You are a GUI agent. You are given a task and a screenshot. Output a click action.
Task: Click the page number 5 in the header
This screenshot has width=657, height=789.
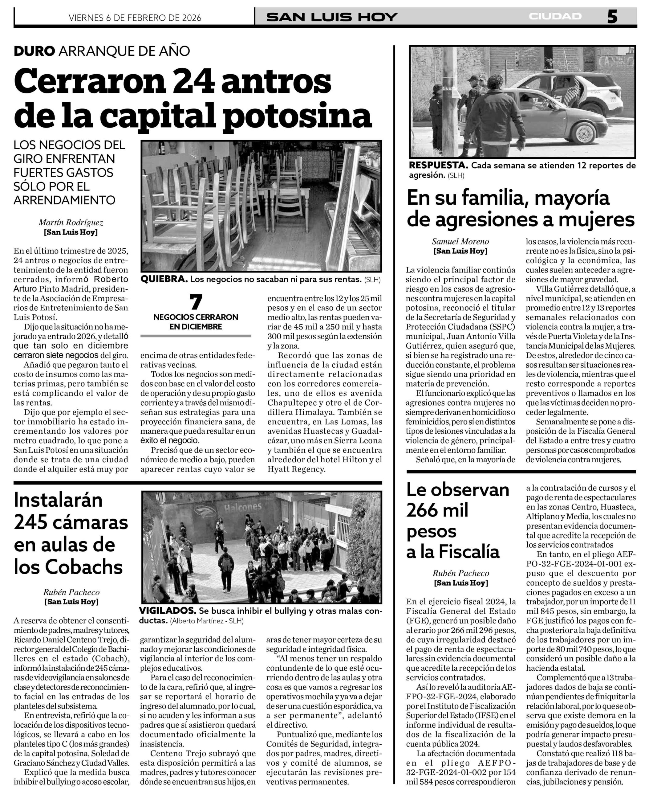(x=612, y=17)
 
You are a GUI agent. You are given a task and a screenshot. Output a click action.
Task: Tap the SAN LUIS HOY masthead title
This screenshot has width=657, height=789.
(x=332, y=17)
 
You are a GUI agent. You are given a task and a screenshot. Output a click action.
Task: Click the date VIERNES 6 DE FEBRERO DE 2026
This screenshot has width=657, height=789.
(x=135, y=18)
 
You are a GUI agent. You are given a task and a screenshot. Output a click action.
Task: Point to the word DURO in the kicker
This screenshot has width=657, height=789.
(x=34, y=51)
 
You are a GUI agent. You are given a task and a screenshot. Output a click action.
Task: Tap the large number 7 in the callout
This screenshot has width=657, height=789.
(x=196, y=302)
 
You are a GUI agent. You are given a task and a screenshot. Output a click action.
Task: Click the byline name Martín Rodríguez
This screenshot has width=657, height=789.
(x=71, y=223)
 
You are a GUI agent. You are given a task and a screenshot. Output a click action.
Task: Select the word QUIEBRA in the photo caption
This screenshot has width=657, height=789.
(x=164, y=279)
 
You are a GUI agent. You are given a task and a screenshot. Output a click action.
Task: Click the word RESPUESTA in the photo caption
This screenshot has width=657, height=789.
(x=438, y=165)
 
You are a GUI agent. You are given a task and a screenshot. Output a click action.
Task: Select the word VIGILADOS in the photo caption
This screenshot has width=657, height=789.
(x=168, y=611)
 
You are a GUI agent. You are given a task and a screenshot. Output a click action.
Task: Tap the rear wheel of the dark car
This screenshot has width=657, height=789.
(x=584, y=133)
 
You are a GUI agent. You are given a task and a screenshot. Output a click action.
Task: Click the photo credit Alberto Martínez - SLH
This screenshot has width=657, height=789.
(x=206, y=621)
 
